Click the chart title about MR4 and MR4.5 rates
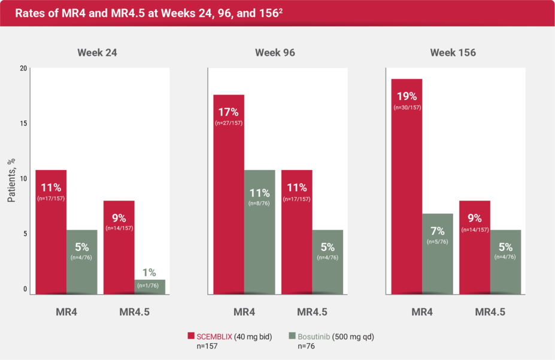click(144, 13)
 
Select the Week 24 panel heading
click(97, 53)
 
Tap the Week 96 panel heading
click(275, 53)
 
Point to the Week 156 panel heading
click(453, 53)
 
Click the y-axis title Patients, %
click(11, 180)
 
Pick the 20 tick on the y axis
click(23, 68)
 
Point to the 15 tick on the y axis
click(23, 123)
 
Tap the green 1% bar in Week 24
click(150, 286)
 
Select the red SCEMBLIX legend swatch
click(192, 336)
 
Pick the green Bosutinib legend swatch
click(293, 336)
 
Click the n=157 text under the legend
click(208, 346)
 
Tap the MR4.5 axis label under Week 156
click(490, 312)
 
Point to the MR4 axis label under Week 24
click(67, 312)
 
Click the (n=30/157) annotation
click(407, 107)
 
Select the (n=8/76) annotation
click(259, 204)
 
